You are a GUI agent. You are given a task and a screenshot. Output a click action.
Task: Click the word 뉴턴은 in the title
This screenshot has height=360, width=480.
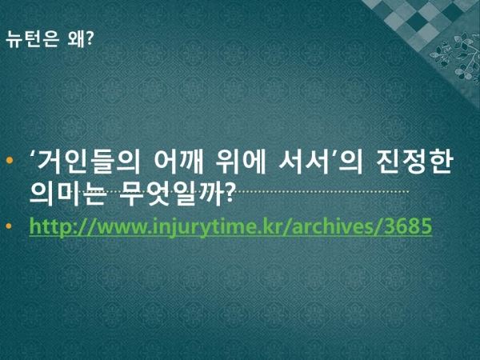(32, 39)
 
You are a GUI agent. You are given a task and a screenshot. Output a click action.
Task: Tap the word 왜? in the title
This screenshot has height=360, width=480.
(80, 39)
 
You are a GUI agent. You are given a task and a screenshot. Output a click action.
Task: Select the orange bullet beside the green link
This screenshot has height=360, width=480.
(9, 226)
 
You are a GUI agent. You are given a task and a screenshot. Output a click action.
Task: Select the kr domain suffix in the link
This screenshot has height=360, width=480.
(270, 226)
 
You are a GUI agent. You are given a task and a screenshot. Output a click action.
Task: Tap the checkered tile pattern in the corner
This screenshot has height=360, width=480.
(419, 19)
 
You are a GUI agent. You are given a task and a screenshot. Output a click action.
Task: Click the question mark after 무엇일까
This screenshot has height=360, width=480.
(230, 193)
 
